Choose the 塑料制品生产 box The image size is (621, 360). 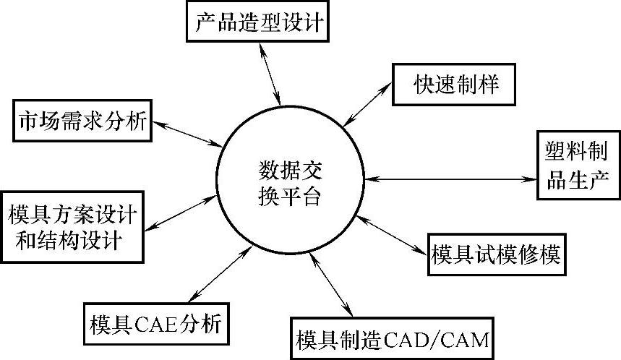[578, 165]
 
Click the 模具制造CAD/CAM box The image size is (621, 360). [392, 338]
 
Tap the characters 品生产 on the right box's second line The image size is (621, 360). [578, 179]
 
